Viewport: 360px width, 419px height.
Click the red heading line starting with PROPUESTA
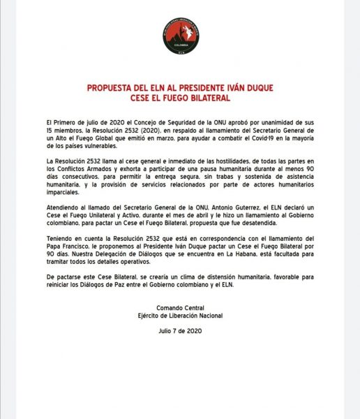pos(180,89)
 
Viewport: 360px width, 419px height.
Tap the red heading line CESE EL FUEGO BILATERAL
pos(180,99)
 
